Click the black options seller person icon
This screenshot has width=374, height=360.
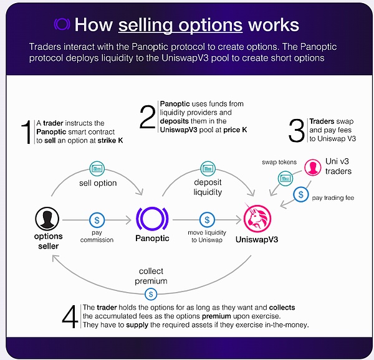(47, 218)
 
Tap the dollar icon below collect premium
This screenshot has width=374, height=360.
(149, 293)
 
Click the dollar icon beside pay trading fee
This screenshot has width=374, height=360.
(302, 195)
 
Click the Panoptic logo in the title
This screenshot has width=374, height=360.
(62, 24)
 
